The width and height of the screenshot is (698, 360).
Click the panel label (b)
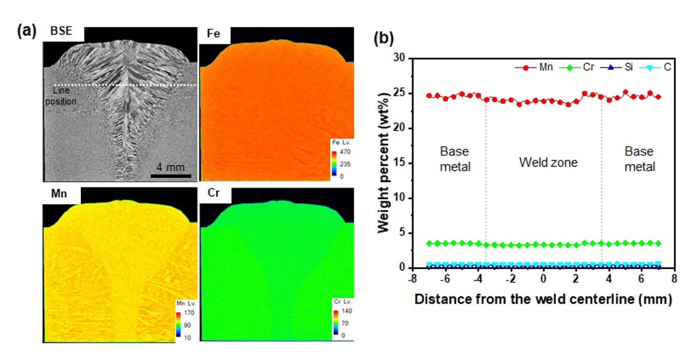coord(383,39)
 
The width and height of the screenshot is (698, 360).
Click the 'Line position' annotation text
coord(64,96)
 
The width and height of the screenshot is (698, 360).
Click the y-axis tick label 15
coord(398,163)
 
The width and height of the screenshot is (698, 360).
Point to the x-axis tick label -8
coord(412,280)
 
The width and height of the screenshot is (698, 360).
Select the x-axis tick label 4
coord(609,280)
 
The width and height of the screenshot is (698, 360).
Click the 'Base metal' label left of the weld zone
coord(455,159)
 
